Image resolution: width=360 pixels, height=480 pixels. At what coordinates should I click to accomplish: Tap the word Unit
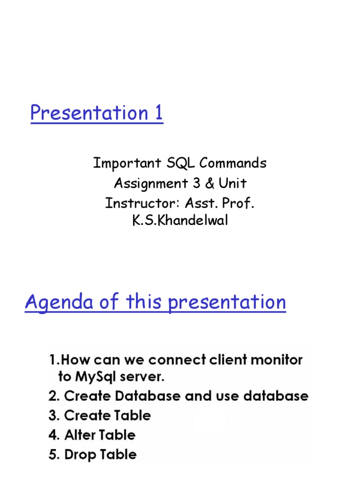point(232,183)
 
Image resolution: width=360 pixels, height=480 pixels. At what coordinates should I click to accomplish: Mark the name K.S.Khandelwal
point(180,221)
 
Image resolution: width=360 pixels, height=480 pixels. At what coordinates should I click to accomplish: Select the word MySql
point(91,377)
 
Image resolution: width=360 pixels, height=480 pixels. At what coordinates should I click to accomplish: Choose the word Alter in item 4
point(80,435)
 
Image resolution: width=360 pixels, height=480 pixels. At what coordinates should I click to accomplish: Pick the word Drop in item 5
point(79,455)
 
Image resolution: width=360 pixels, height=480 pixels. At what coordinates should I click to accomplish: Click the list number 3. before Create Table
point(53,416)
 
